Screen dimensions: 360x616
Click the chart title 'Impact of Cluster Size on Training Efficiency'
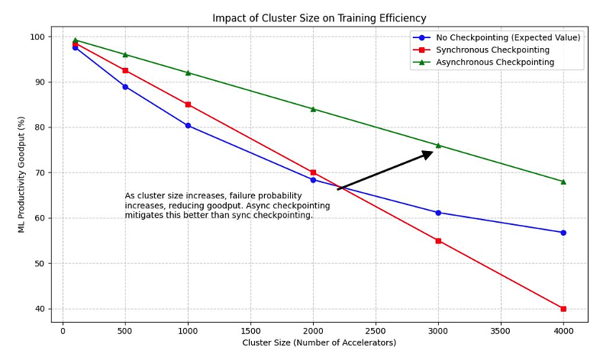pos(319,18)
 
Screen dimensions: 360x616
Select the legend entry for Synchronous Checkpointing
pos(492,50)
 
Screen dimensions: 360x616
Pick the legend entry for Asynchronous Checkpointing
pos(494,62)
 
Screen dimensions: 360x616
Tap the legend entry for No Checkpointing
pos(507,37)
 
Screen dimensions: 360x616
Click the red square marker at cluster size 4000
pos(563,309)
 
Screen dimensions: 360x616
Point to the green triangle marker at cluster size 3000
pos(438,145)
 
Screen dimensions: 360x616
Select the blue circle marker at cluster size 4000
pos(563,233)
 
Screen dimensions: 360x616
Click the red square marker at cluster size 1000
pos(188,104)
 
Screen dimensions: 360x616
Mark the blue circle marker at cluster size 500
pos(125,87)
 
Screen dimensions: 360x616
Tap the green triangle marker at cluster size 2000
pos(313,109)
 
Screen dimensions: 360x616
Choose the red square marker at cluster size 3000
pos(438,241)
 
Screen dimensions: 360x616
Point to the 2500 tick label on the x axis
pos(376,332)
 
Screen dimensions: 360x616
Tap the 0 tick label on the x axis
pos(63,332)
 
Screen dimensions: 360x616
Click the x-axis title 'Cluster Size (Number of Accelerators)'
pos(319,343)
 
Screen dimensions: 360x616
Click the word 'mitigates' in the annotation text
pos(142,216)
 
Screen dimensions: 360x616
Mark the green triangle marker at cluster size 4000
pos(563,182)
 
